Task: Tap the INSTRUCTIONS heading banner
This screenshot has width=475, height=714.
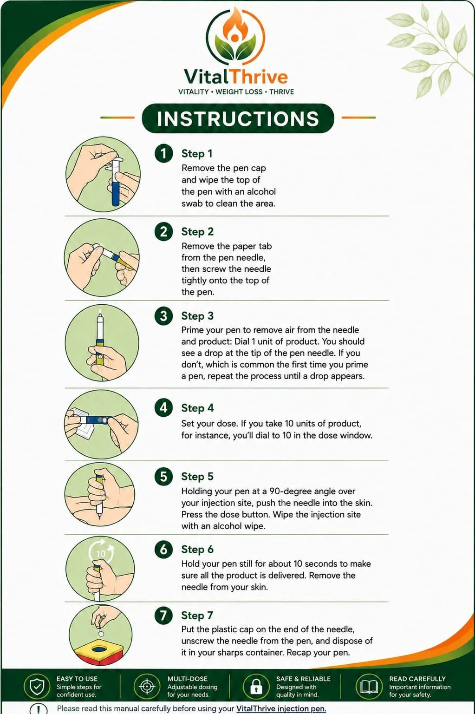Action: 238,118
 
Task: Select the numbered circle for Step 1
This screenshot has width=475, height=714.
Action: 164,154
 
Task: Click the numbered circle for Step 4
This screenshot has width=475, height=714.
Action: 164,408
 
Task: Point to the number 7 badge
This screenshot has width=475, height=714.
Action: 164,615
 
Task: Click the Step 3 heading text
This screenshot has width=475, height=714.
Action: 197,316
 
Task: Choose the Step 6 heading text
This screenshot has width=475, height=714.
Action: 197,549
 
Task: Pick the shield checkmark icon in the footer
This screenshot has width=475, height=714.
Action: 37,686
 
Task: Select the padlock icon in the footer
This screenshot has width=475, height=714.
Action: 256,686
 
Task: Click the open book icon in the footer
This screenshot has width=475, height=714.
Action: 369,686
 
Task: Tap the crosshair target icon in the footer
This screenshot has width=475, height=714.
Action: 147,686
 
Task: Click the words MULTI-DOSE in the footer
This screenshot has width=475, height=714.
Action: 187,679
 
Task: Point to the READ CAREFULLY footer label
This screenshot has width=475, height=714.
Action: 417,679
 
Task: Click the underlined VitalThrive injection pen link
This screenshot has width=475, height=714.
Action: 281,708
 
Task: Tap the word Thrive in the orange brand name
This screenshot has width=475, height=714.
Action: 259,77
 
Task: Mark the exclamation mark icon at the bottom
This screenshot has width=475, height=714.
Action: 39,709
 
